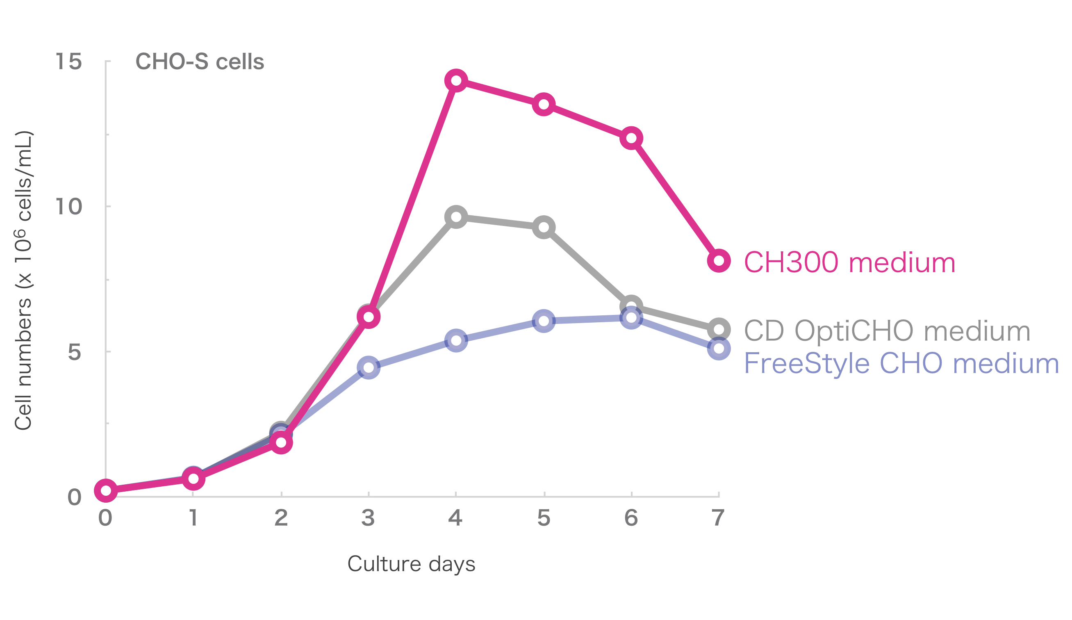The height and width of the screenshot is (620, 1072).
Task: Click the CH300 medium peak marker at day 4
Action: coord(456,80)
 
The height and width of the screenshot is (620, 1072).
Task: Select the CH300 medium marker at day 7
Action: coord(719,261)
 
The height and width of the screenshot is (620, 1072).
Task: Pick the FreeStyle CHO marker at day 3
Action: coord(369,367)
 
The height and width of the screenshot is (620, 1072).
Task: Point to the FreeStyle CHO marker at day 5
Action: coord(544,321)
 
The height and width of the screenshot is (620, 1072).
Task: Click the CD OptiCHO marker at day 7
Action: coord(719,329)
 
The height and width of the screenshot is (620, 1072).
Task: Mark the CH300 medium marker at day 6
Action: coord(631,138)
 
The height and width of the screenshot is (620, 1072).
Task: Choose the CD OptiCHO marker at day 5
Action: coord(544,227)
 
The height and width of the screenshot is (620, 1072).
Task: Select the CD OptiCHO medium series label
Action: coord(887,331)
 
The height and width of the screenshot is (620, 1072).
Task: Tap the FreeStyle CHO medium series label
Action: coord(901,363)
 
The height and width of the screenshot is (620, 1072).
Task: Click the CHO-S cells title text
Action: coord(200,62)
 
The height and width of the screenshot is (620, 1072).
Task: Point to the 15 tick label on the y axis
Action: coord(68,61)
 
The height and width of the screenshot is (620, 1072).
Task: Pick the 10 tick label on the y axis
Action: coord(68,207)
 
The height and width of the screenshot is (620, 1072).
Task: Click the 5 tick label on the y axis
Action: coord(74,352)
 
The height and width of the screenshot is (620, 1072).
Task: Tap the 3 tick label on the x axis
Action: coord(368,518)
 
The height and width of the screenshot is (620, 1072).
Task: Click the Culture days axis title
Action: coord(411,564)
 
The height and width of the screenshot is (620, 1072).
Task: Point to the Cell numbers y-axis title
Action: coord(23,281)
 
